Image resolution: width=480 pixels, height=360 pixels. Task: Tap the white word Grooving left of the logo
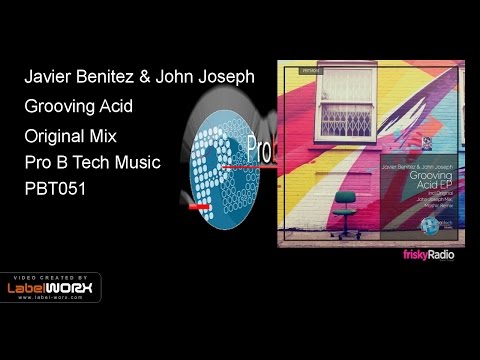pyautogui.click(x=60, y=105)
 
